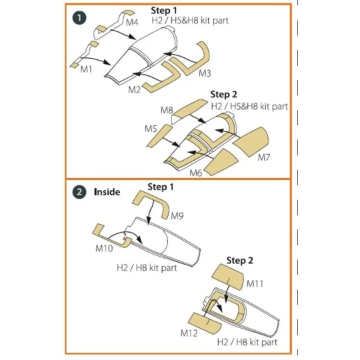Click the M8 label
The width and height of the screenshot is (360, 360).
[x=167, y=109]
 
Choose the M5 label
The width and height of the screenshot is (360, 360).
[x=151, y=128]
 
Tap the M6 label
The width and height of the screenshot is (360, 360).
[x=195, y=173]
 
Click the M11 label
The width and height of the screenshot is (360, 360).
[x=255, y=284]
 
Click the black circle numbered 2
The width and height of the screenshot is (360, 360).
[x=79, y=191]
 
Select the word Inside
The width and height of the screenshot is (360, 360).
[x=107, y=191]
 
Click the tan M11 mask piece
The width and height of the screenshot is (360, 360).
[x=229, y=275]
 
